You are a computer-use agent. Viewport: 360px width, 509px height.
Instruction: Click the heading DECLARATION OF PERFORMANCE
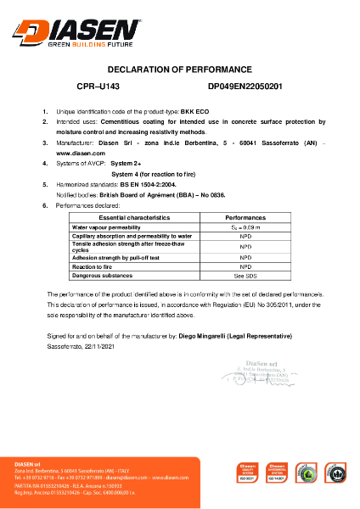pyautogui.click(x=179, y=70)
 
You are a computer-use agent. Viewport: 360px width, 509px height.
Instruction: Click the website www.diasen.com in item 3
pyautogui.click(x=76, y=153)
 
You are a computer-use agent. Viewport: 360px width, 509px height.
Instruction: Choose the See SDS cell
pyautogui.click(x=245, y=275)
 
